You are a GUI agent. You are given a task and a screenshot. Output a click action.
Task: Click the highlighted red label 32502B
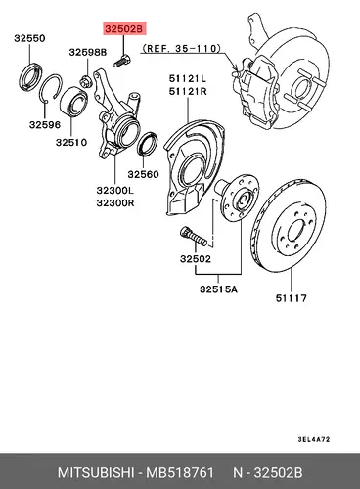click(124, 29)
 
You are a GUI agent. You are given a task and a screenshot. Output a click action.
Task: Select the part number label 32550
click(29, 38)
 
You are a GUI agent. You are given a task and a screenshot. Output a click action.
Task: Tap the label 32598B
click(88, 52)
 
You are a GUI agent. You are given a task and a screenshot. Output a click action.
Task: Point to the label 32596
click(45, 124)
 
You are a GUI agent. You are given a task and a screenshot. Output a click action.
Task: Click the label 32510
click(71, 142)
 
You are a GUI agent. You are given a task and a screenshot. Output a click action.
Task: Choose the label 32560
click(143, 174)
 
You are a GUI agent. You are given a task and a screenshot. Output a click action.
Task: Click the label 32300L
click(115, 190)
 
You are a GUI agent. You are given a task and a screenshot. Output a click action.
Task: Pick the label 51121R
click(188, 92)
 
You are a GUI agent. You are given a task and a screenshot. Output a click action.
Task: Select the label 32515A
click(219, 289)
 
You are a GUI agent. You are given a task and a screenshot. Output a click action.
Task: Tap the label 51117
click(292, 298)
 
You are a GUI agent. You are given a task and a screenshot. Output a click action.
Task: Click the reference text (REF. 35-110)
click(181, 49)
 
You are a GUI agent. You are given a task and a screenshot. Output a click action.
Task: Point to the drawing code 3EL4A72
click(314, 439)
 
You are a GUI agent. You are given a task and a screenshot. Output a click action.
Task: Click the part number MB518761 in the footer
click(180, 472)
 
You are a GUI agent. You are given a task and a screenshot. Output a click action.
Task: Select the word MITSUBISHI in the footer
click(96, 472)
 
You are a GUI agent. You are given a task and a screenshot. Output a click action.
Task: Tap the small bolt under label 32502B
click(122, 62)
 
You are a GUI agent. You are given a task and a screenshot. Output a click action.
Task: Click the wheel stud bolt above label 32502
click(193, 237)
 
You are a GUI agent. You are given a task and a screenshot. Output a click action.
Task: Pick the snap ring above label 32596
click(50, 87)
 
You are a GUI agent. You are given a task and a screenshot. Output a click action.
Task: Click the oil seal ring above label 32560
click(148, 144)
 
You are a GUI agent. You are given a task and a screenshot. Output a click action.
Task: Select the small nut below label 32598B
click(85, 81)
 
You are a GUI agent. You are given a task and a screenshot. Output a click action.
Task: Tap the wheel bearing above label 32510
click(74, 101)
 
